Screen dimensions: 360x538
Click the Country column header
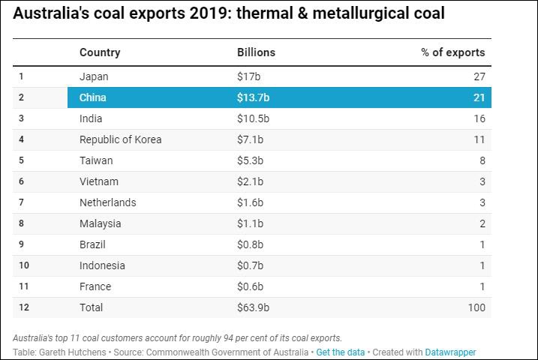coord(100,52)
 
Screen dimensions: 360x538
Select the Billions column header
coord(256,52)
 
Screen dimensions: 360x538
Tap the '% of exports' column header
coord(452,52)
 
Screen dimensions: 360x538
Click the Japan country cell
coord(94,76)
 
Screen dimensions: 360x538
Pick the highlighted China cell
coord(93,97)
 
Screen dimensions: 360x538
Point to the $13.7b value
coord(254,97)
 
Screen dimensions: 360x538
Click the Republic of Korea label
coord(120,139)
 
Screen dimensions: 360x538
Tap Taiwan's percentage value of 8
coord(482,160)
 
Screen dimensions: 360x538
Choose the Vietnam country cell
coord(98,181)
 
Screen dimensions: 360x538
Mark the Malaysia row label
coord(100,223)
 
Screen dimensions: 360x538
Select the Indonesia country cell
coord(102,265)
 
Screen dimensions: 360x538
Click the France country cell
coord(95,286)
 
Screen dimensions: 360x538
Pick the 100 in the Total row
coord(476,307)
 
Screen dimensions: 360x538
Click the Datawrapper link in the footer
coord(450,352)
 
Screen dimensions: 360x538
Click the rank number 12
coord(23,307)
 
